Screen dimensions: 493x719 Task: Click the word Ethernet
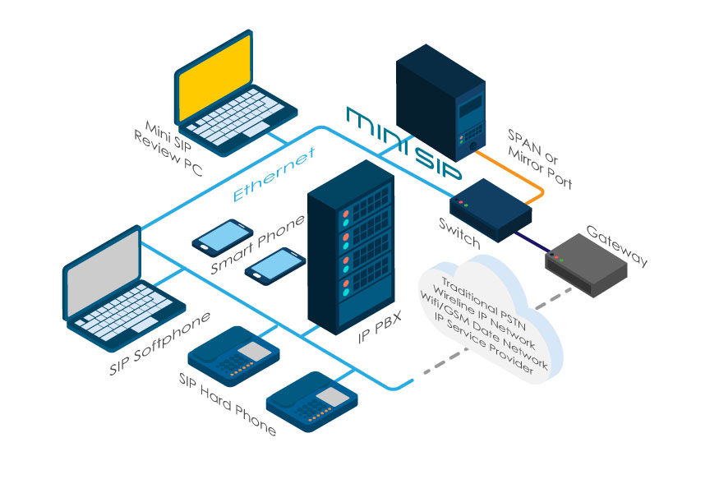[x=274, y=176]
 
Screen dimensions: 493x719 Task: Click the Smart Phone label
[x=256, y=244]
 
